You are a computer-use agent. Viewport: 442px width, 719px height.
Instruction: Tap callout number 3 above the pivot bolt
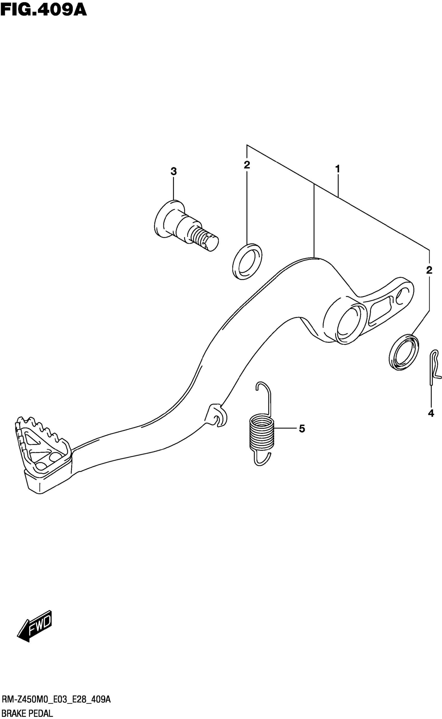(174, 171)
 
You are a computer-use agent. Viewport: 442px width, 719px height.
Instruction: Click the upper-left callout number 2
(247, 165)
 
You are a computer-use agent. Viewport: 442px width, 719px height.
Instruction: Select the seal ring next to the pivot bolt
(247, 261)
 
